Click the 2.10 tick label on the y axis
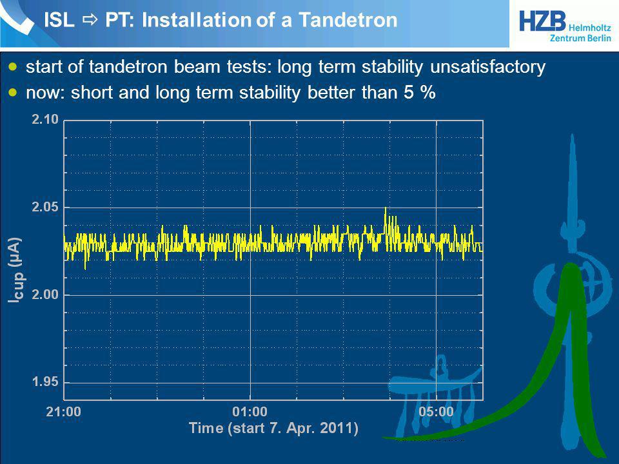point(45,119)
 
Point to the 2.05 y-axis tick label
point(45,207)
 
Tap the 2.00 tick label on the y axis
point(45,295)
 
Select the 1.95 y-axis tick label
point(45,382)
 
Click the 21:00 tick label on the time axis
point(64,412)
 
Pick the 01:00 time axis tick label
point(250,412)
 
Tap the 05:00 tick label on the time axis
point(437,412)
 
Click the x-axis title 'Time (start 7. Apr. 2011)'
point(273,429)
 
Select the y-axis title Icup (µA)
point(15,270)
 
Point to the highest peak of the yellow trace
point(386,208)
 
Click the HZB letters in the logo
point(542,21)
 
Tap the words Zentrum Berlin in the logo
point(580,38)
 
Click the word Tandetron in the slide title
point(348,20)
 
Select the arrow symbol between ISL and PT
point(90,20)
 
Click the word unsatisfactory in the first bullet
point(488,66)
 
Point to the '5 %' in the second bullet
point(420,92)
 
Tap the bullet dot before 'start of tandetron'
point(14,66)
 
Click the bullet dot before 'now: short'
point(14,93)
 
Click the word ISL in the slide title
point(59,20)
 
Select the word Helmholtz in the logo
point(590,28)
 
